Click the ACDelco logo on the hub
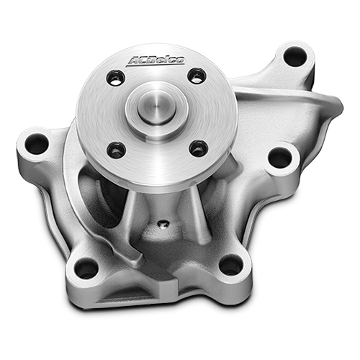pos(156,60)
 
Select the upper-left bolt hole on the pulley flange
pos(116,78)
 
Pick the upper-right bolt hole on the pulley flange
pos(197,76)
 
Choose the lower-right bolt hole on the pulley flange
pos(198,148)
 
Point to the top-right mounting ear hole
pos(295,58)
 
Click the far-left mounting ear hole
pos(37,143)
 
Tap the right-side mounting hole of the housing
pos(281,158)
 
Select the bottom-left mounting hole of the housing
pos(86,268)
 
